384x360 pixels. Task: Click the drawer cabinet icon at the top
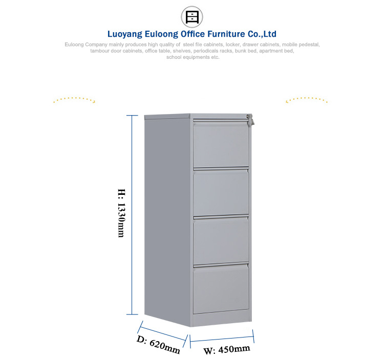pos(192,17)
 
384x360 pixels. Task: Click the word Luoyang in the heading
pos(124,34)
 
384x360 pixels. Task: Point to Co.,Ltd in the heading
pos(262,34)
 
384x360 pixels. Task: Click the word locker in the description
pos(232,44)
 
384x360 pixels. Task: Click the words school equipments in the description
pos(188,57)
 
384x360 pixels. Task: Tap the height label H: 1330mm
pos(121,213)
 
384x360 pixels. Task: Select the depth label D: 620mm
pos(158,345)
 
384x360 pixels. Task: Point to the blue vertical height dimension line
pos(132,215)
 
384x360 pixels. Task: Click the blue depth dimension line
pos(163,334)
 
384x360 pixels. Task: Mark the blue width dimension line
pos(222,339)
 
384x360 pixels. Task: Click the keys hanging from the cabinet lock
pos(250,120)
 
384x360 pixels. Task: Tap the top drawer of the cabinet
pos(221,145)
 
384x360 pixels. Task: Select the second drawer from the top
pos(221,192)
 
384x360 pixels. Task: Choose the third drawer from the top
pos(221,240)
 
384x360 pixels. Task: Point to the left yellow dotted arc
pos(74,99)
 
